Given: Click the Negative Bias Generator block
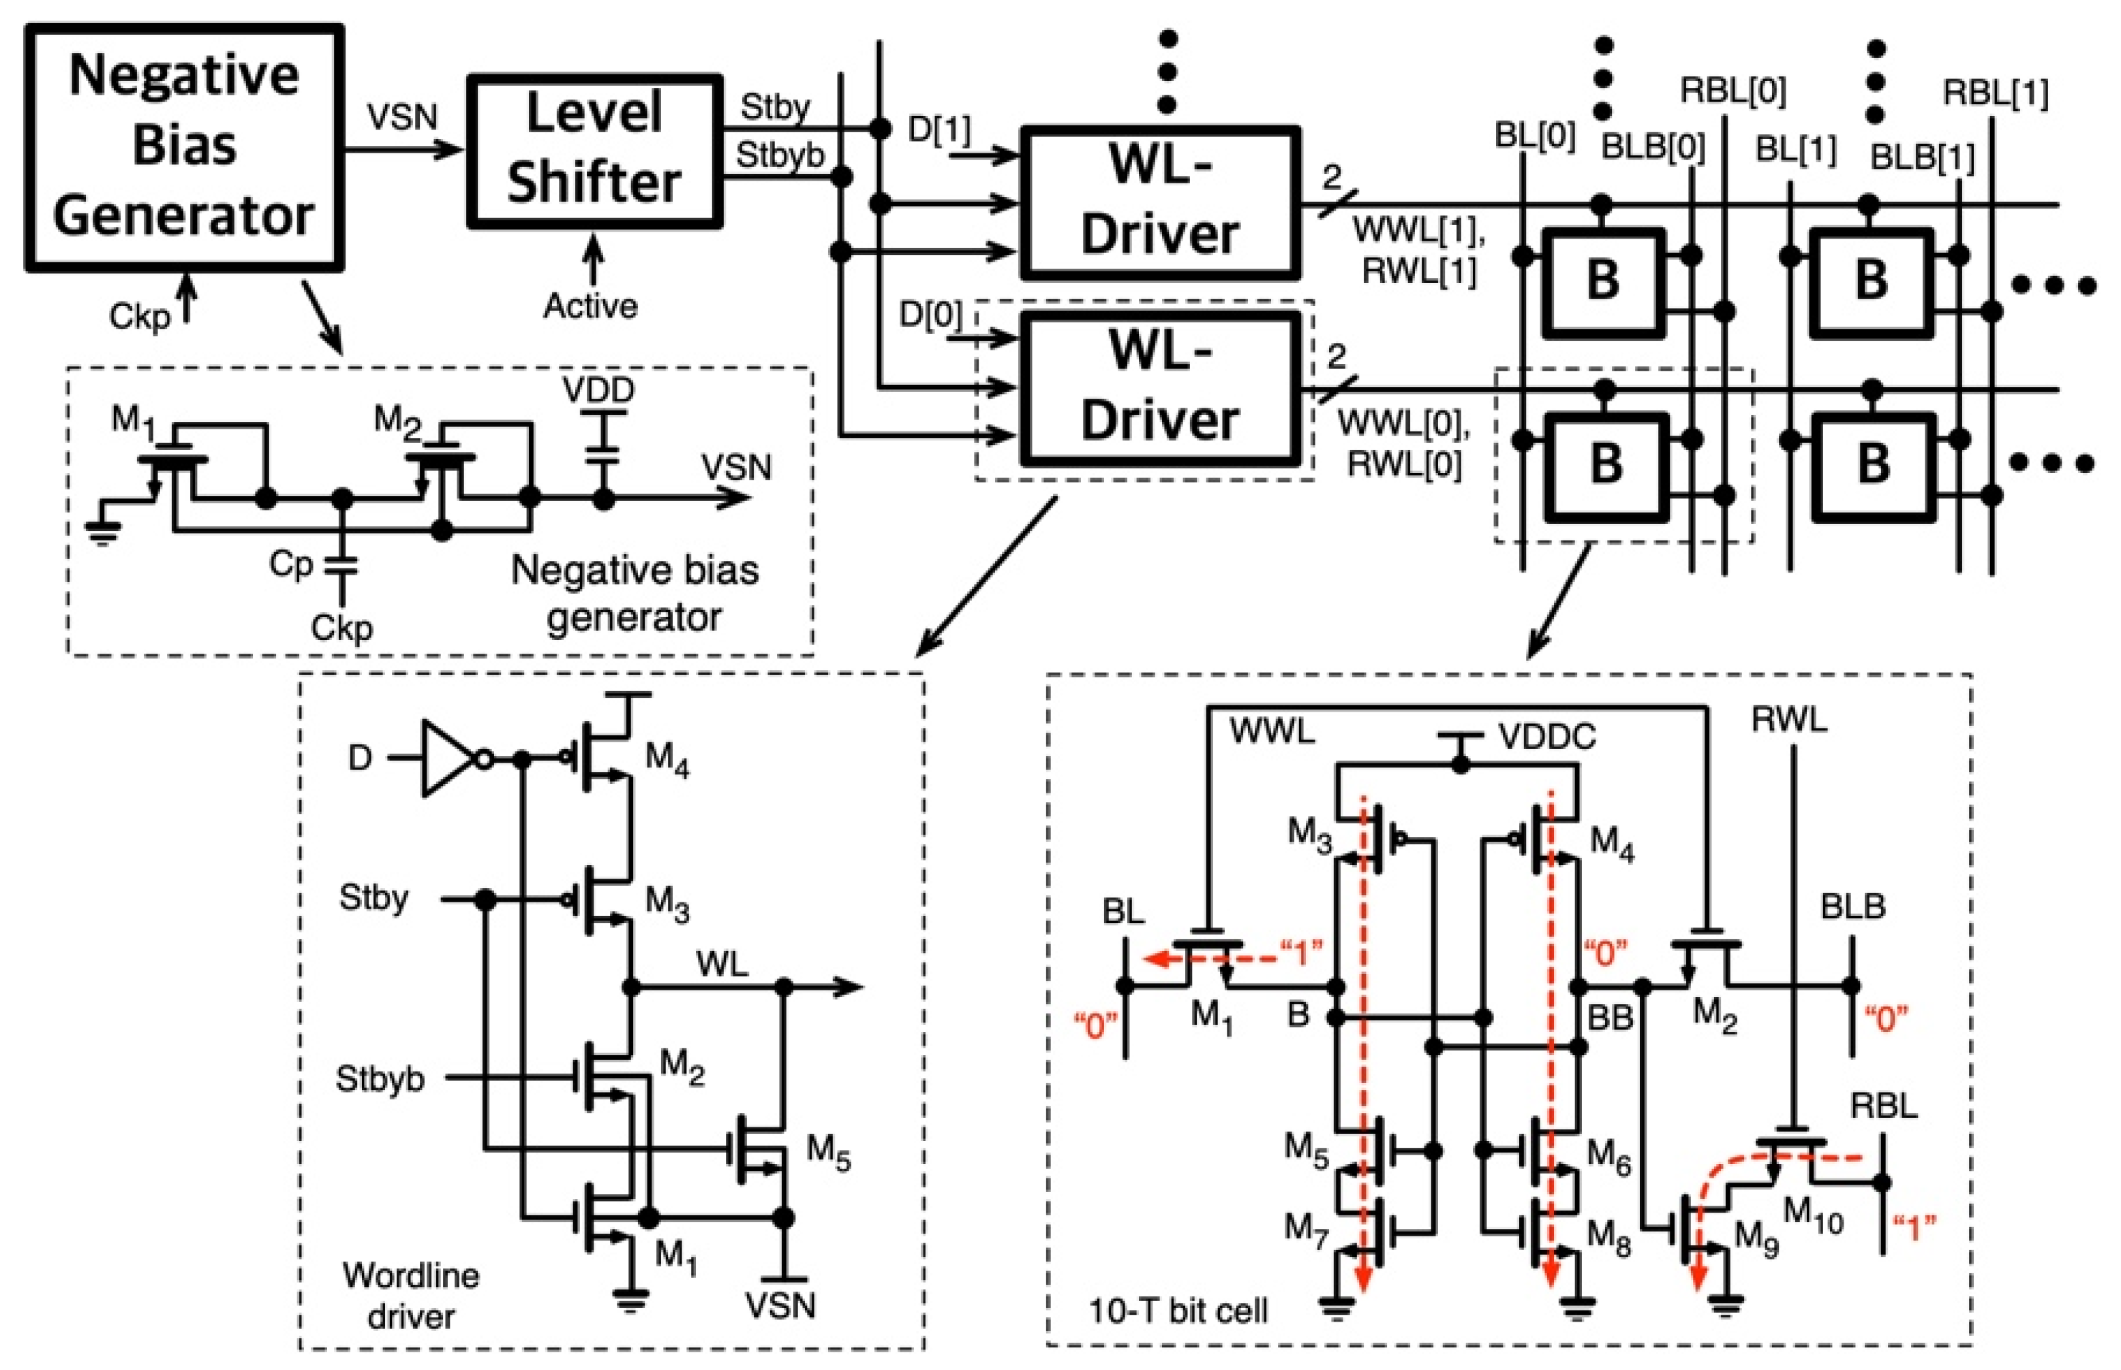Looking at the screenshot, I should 184,147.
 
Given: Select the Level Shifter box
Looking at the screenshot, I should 594,149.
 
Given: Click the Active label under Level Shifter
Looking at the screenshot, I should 590,306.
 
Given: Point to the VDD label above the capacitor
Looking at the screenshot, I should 598,390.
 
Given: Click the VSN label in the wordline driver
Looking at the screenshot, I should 780,1305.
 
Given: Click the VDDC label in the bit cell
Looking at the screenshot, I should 1546,737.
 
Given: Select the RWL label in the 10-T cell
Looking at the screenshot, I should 1789,719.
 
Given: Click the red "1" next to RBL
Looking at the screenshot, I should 1914,1230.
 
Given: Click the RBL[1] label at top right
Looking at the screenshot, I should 1996,93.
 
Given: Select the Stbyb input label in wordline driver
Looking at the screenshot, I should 380,1079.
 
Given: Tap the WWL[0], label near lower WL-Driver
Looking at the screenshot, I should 1403,425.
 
